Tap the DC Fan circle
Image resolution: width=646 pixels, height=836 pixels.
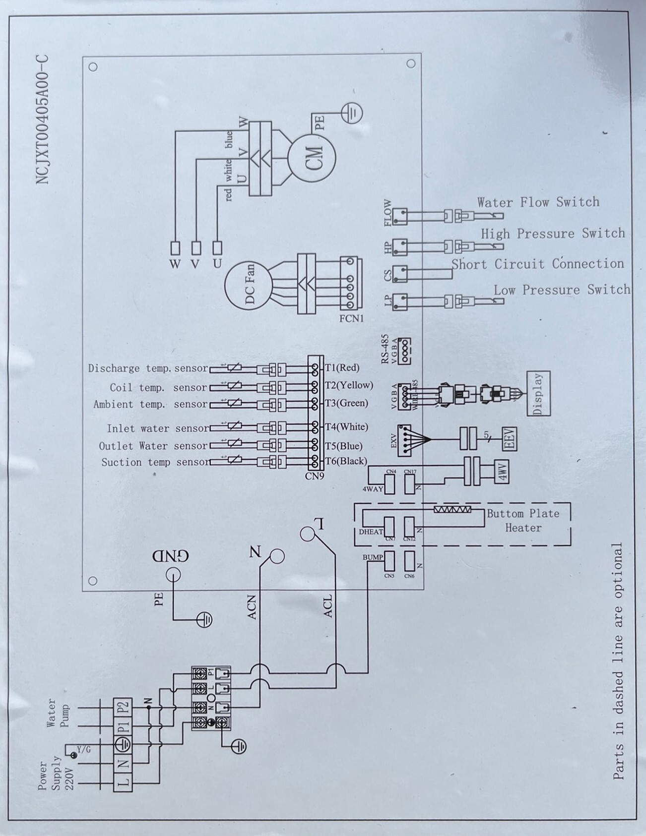point(247,284)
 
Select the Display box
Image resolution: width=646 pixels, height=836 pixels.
point(538,393)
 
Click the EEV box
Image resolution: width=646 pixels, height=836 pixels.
point(509,438)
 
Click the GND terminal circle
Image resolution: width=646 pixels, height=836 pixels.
point(173,575)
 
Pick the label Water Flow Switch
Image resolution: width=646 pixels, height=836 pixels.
point(538,202)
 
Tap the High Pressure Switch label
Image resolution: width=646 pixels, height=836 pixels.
point(552,233)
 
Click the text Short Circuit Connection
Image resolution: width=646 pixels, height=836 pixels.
point(537,264)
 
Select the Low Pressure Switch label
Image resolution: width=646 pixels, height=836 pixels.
point(561,290)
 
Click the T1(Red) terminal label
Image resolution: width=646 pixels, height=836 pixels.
point(342,368)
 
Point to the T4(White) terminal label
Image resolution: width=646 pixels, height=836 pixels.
point(346,427)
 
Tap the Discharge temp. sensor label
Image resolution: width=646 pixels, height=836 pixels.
point(148,368)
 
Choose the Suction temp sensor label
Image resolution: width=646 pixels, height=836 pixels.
point(155,462)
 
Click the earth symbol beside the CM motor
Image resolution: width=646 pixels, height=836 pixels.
point(353,114)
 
